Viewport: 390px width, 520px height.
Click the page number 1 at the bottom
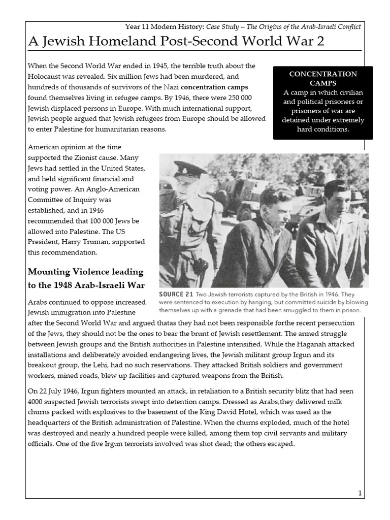(x=360, y=493)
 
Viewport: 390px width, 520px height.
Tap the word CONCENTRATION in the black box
(x=323, y=74)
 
